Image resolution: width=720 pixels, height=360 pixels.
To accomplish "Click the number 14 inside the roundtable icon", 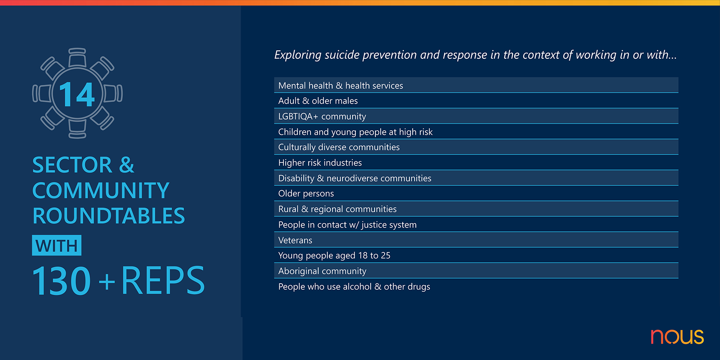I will coord(77,94).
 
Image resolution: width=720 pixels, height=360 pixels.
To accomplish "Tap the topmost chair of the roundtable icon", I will coord(77,57).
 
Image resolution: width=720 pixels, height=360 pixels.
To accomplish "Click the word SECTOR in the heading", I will coord(72,165).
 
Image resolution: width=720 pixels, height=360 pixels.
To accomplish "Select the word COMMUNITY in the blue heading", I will coord(101,190).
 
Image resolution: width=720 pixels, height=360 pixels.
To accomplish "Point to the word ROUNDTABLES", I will coord(108,216).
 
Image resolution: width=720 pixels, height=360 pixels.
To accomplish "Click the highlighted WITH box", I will coord(57,245).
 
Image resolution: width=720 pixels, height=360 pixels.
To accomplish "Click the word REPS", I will coord(163,281).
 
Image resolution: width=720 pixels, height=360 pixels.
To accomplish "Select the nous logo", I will coord(677,336).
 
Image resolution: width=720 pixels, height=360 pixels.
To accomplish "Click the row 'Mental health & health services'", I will coord(341,86).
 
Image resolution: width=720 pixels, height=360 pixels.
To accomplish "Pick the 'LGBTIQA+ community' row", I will coord(322,116).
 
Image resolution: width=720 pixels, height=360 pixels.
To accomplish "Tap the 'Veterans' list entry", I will coord(295,240).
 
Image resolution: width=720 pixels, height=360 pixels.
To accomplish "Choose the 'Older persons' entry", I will coord(306,194).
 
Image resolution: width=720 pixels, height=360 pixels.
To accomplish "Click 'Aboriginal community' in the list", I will coord(322,271).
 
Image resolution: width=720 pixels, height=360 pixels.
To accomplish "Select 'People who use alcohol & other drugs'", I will coord(354,287).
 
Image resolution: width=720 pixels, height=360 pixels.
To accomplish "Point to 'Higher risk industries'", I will coord(320,163).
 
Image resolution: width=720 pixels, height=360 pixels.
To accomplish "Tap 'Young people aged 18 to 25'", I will coord(334,256).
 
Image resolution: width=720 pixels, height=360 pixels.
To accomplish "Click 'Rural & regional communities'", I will coord(337,209).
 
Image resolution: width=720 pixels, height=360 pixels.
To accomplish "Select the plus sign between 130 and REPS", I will coord(107,282).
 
